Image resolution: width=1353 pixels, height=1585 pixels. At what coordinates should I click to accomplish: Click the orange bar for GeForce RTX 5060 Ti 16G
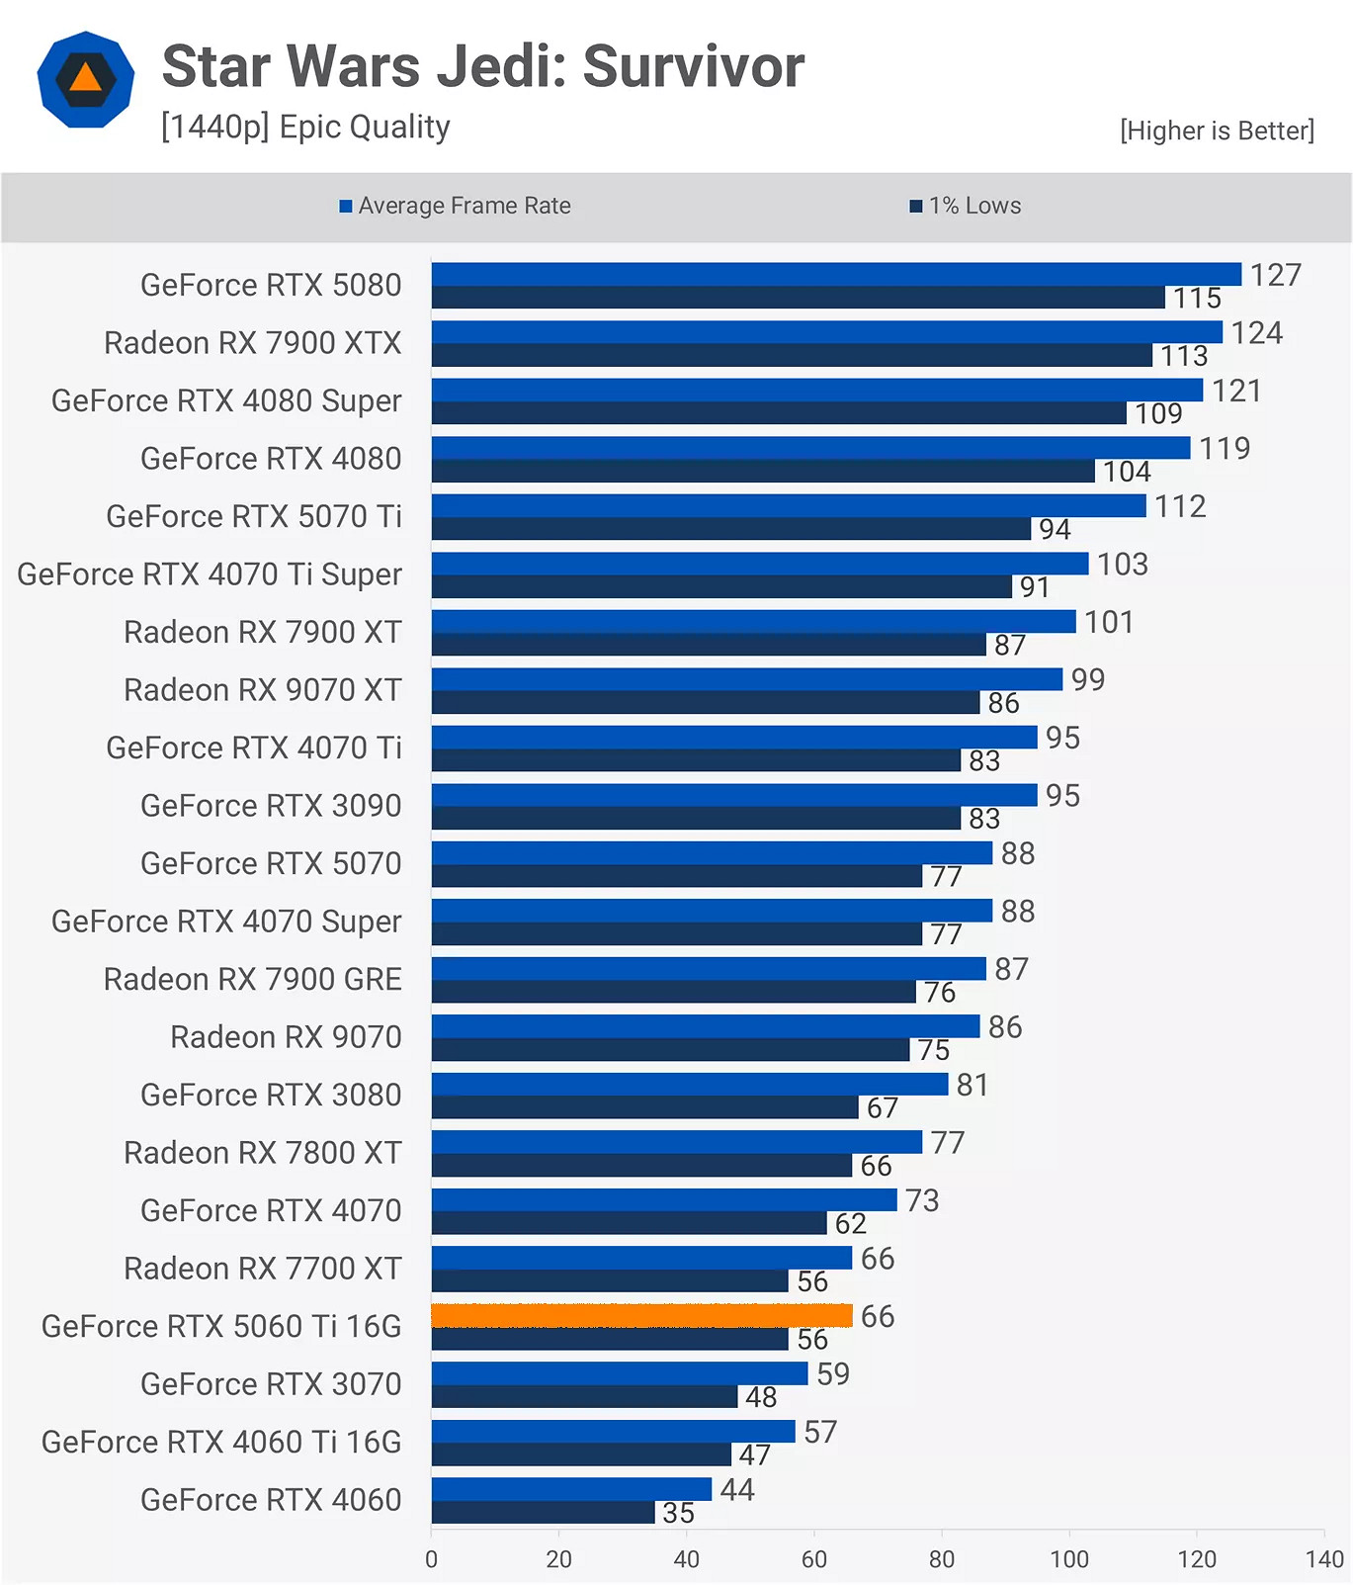tap(641, 1315)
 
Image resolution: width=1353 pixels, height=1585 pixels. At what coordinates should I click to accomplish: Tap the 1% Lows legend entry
tap(966, 206)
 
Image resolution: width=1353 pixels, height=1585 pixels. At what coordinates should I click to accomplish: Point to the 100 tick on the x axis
tap(1068, 1559)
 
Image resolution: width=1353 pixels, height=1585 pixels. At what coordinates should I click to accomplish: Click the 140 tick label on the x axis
tap(1323, 1559)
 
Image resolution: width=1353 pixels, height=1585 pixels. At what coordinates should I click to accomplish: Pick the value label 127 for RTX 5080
tap(1275, 275)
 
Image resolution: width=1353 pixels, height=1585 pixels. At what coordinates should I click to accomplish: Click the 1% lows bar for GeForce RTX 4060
tap(543, 1513)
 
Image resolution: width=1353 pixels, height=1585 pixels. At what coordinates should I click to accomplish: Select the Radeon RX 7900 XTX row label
tap(252, 343)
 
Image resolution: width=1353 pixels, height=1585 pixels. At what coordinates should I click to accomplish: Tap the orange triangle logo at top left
tap(86, 78)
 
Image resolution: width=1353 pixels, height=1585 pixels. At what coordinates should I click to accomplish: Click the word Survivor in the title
tap(693, 66)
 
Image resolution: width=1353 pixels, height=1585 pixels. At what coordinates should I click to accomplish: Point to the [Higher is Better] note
tap(1217, 131)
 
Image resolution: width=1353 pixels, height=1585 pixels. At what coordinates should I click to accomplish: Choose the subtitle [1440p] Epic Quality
tap(305, 127)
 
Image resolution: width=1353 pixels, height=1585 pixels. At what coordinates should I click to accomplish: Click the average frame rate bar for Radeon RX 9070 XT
tap(746, 679)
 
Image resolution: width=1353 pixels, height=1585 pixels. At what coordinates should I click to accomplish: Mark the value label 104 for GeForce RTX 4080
tap(1127, 472)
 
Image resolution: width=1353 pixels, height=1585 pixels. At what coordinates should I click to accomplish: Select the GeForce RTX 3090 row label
tap(271, 806)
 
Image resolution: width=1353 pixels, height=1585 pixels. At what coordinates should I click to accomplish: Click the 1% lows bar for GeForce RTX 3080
tap(644, 1107)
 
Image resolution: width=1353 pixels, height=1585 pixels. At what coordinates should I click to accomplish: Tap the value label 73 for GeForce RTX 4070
tap(921, 1200)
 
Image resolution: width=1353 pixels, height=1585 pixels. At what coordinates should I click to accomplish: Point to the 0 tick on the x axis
tap(431, 1559)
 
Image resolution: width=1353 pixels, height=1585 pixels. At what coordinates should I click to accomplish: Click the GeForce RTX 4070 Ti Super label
tap(210, 574)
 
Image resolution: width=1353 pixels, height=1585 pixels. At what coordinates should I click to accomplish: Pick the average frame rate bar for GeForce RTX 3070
tap(619, 1373)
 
